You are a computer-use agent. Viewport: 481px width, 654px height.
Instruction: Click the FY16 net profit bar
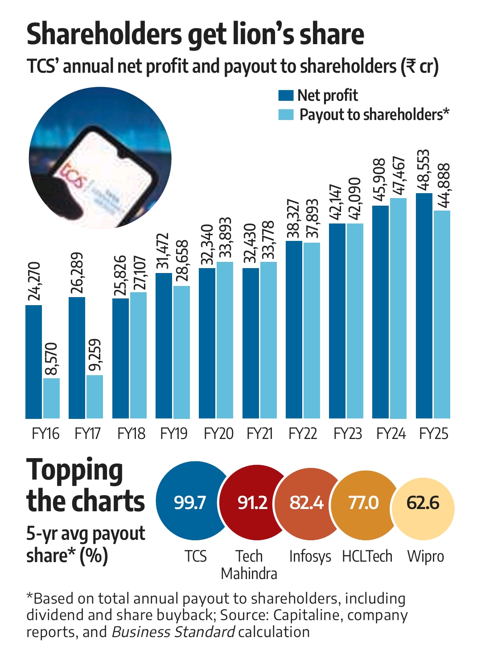(33, 361)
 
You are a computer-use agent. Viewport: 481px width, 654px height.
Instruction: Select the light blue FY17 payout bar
(95, 397)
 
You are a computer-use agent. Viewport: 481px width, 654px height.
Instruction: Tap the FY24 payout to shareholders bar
(398, 308)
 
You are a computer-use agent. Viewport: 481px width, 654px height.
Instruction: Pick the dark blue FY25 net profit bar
(424, 306)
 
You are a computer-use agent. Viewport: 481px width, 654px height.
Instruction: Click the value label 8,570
(51, 359)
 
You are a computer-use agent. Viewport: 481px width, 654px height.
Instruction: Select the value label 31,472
(164, 251)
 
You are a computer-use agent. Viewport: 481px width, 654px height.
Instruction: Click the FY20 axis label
(218, 434)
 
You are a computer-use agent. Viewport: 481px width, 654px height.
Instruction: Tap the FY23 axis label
(348, 434)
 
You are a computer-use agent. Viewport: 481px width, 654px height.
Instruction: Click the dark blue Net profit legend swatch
(286, 95)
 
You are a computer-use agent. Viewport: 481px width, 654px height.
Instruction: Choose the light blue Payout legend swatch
(286, 115)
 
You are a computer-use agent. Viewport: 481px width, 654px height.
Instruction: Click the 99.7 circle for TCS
(189, 502)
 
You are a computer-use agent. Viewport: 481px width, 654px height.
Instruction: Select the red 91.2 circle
(252, 502)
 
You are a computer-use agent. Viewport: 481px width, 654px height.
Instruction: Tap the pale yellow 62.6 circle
(423, 503)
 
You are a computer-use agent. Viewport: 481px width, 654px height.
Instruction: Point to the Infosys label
(310, 557)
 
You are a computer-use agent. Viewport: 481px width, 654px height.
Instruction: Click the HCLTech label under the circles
(367, 557)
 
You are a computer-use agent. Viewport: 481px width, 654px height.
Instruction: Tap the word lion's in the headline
(264, 35)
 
